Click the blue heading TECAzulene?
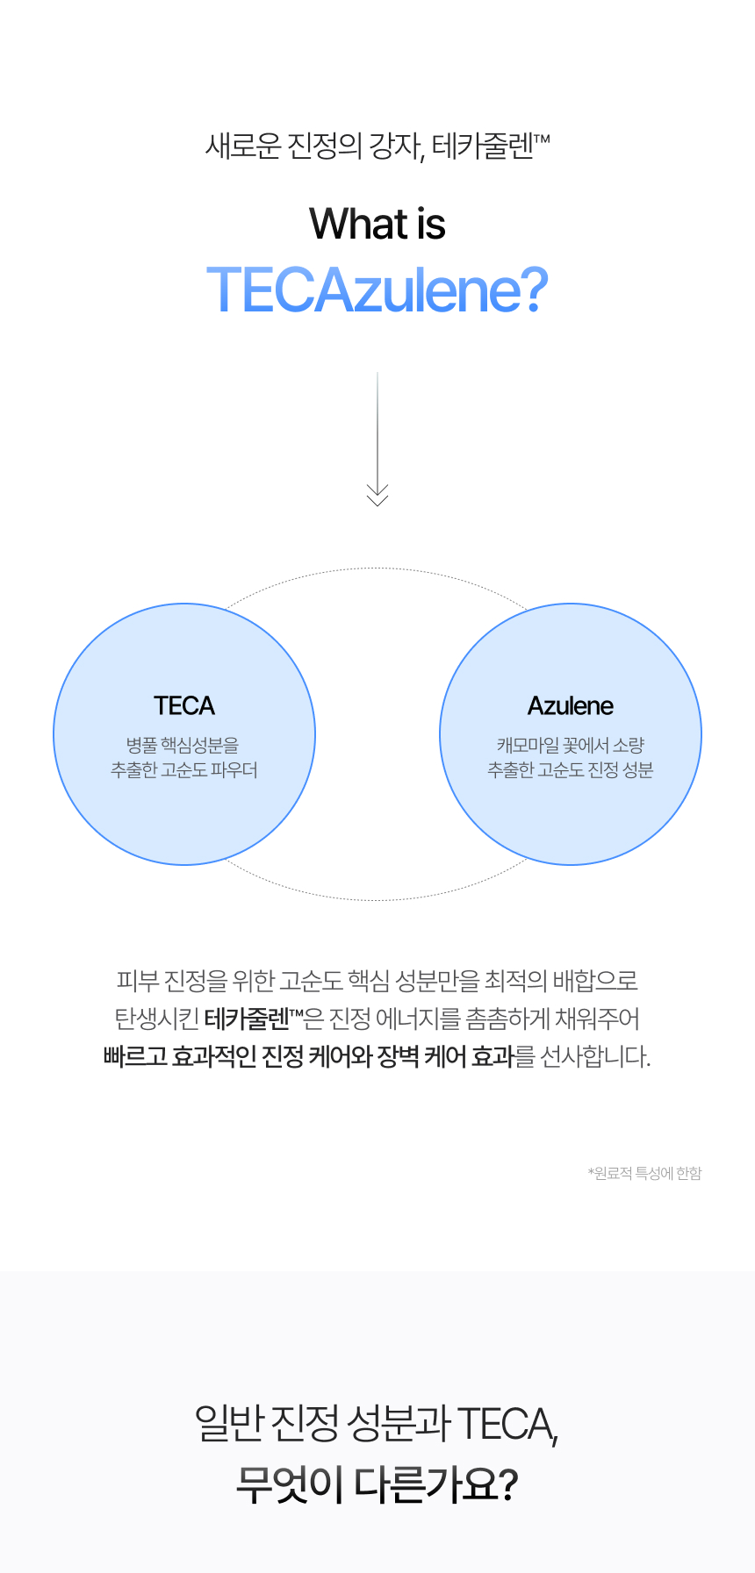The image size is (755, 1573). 377,290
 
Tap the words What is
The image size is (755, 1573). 377,224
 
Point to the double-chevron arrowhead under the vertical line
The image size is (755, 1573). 377,496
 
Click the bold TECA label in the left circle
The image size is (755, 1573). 184,706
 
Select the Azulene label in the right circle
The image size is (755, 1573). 571,706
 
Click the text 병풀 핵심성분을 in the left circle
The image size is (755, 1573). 183,746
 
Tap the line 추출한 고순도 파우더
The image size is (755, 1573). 184,770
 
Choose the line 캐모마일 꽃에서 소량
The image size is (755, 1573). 571,746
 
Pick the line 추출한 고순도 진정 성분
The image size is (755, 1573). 571,770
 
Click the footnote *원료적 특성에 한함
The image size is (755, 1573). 645,1174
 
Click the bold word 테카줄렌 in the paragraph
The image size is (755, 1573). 247,1019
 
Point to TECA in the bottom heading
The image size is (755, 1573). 507,1423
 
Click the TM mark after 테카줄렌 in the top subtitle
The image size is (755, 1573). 542,139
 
